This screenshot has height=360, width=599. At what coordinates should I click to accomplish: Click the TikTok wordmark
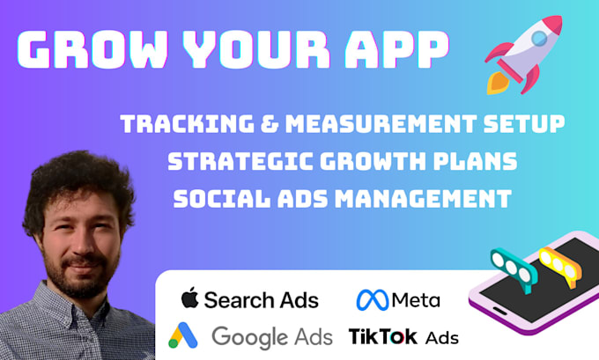tap(383, 335)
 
